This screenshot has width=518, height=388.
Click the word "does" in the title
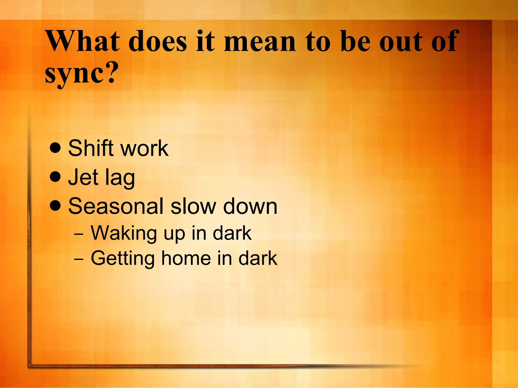click(158, 41)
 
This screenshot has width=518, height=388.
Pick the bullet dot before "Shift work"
click(55, 148)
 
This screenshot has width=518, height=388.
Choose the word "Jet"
click(83, 177)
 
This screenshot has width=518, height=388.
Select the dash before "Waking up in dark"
click(79, 234)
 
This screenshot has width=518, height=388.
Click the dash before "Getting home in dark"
click(79, 260)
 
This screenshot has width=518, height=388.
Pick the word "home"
click(186, 258)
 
